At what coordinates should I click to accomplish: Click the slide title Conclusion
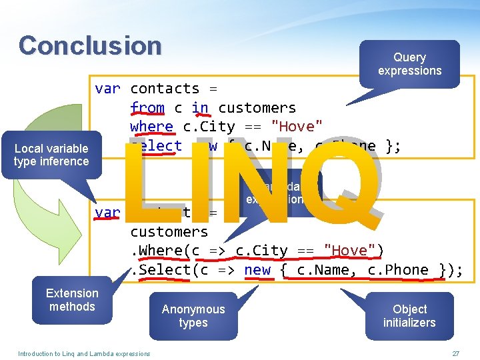90,45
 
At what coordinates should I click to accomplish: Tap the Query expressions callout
409,64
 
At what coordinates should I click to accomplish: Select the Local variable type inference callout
51,155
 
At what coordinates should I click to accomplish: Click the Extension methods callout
72,300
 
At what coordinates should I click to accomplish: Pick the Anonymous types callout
193,316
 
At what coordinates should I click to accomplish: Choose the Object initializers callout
409,316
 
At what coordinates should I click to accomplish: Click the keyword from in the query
147,107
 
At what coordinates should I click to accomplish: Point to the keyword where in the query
151,127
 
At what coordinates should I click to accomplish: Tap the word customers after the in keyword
257,107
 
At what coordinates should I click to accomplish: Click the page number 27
456,353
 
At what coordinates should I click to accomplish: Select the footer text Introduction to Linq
84,353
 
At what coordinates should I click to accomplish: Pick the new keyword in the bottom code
257,270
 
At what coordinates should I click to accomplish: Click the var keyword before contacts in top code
107,88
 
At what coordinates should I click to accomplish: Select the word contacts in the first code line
165,88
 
